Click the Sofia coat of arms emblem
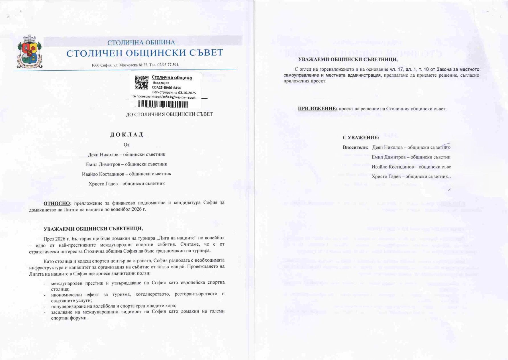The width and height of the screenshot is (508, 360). point(30,52)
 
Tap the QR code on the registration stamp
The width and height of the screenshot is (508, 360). point(141,82)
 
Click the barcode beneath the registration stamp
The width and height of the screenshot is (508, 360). point(163,104)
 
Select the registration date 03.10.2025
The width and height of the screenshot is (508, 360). point(187,93)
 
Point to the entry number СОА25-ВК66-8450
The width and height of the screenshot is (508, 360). point(166,88)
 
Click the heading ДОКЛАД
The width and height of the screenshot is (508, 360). point(127,135)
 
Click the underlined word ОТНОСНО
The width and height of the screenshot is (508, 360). point(56,203)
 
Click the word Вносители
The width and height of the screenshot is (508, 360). point(355,147)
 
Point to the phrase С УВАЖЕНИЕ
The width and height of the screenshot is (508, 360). point(360,138)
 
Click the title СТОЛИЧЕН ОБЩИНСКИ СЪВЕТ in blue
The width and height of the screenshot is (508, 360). point(144,53)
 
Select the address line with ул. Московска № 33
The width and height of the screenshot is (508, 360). point(135,65)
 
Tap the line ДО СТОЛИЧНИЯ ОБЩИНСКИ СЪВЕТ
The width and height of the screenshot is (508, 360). point(169,114)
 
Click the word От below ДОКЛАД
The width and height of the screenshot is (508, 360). point(127,145)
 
